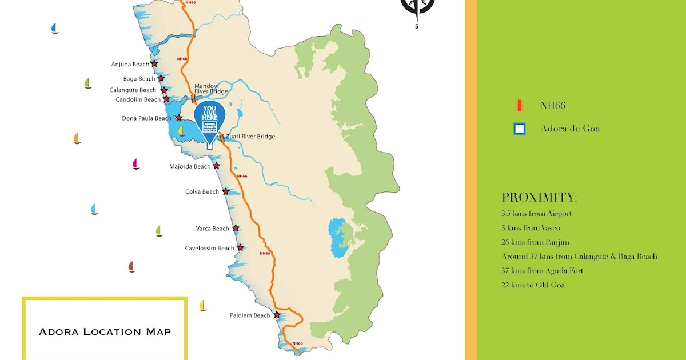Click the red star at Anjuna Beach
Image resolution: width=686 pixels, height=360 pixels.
pos(154,64)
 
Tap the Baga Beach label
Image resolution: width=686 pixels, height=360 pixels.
pos(139,79)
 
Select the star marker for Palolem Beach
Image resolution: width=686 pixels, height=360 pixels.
pos(277,315)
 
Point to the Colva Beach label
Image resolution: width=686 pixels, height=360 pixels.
pos(202,192)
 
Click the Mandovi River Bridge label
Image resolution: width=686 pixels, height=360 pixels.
pos(211,89)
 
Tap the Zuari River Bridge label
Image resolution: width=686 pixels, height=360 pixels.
pos(250,137)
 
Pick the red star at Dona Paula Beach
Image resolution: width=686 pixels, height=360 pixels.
pos(178,118)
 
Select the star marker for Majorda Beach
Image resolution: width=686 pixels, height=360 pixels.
pos(217,166)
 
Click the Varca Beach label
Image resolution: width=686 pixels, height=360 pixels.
pos(212,229)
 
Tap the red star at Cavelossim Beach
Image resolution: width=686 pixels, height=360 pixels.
pos(241,247)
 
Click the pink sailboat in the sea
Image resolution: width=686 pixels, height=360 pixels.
pos(136,164)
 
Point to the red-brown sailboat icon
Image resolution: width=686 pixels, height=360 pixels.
pos(131,267)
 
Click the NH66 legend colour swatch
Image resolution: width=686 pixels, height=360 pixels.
pos(519,106)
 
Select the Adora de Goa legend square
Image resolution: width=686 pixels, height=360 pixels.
pos(519,129)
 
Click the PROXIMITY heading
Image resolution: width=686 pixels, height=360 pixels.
pos(539,198)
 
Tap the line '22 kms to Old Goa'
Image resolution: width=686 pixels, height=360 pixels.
pos(533,285)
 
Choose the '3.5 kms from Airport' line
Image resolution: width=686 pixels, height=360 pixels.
pos(536,214)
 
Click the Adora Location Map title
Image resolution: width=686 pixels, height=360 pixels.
pos(105,331)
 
